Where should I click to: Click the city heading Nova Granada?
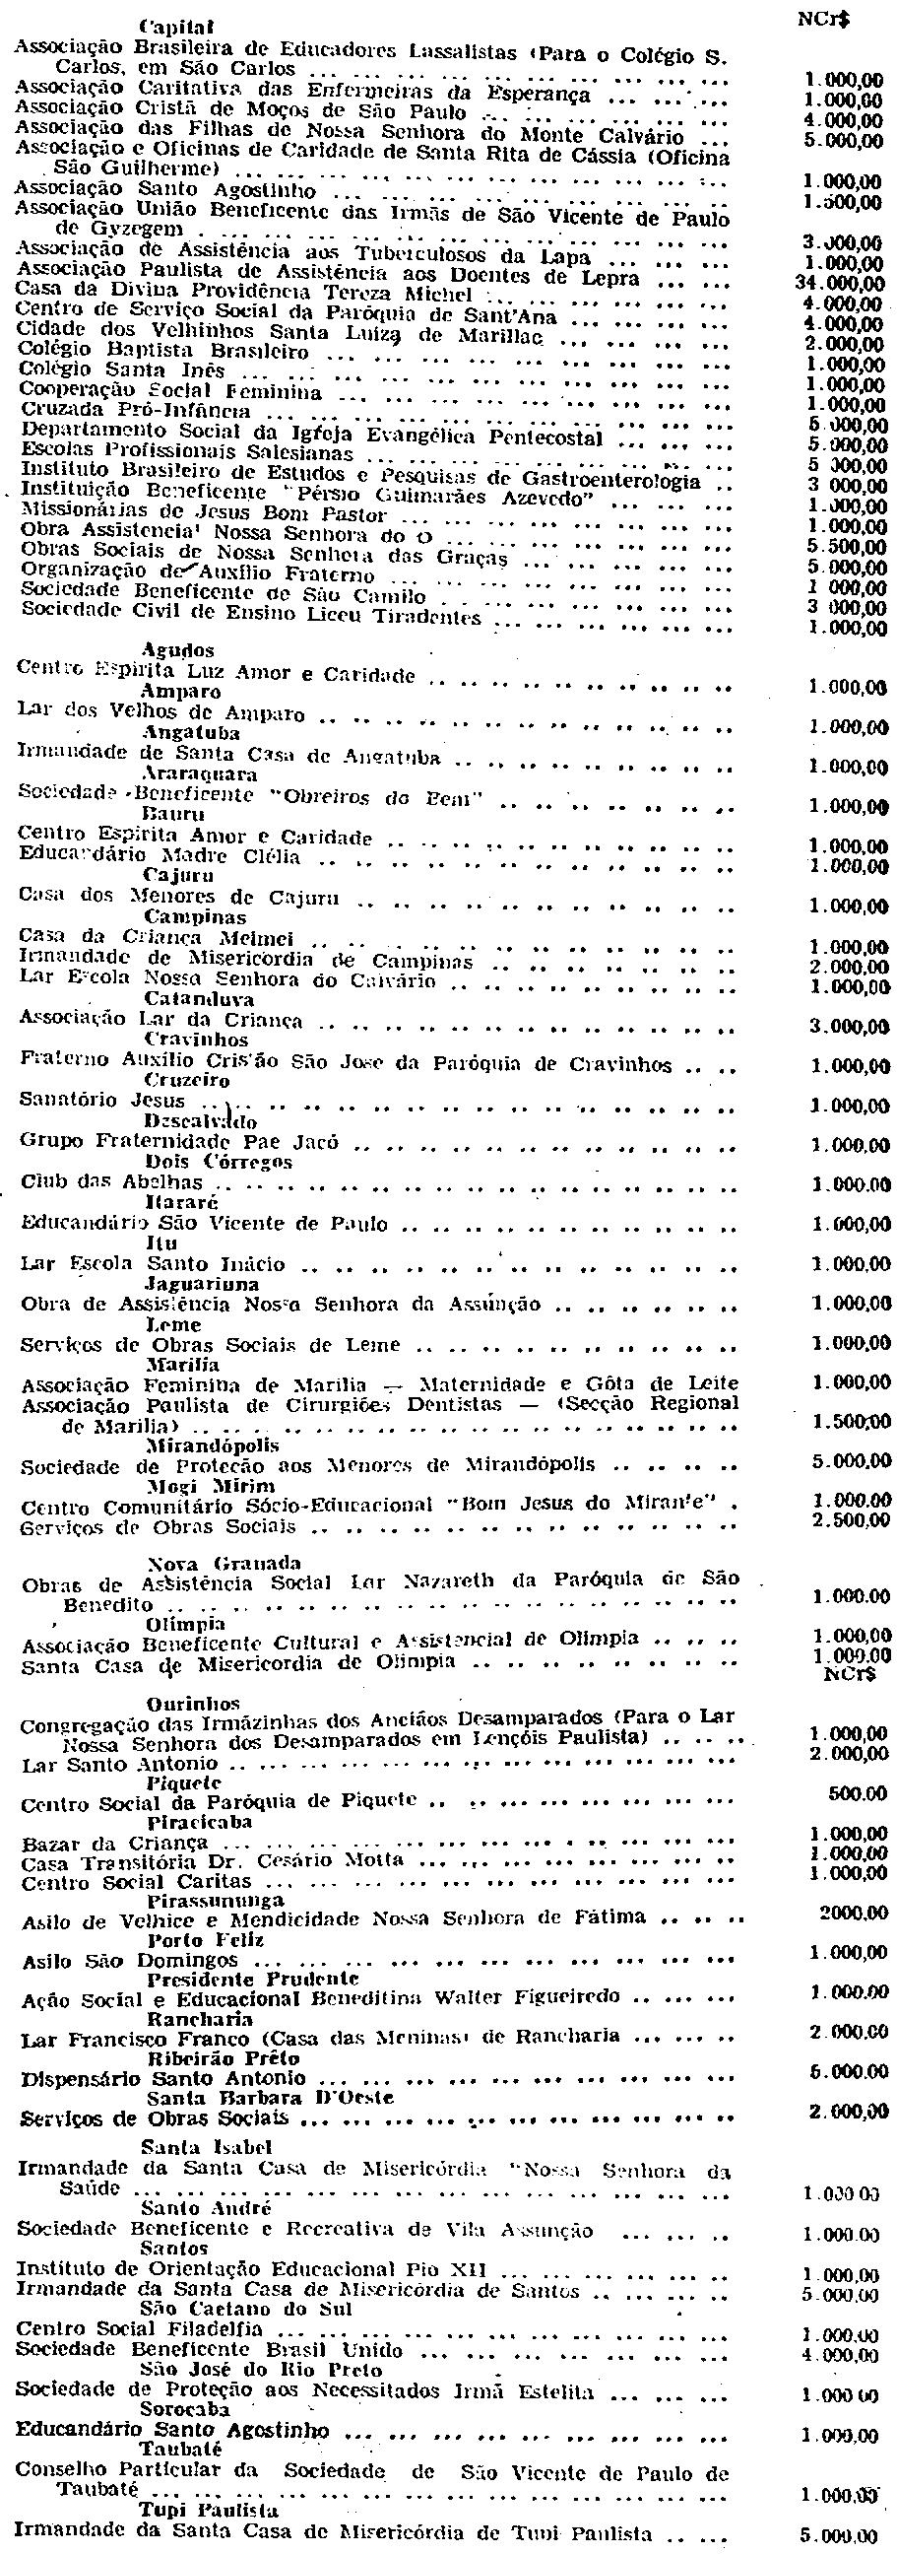198,1564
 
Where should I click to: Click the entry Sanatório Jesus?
103,1101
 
